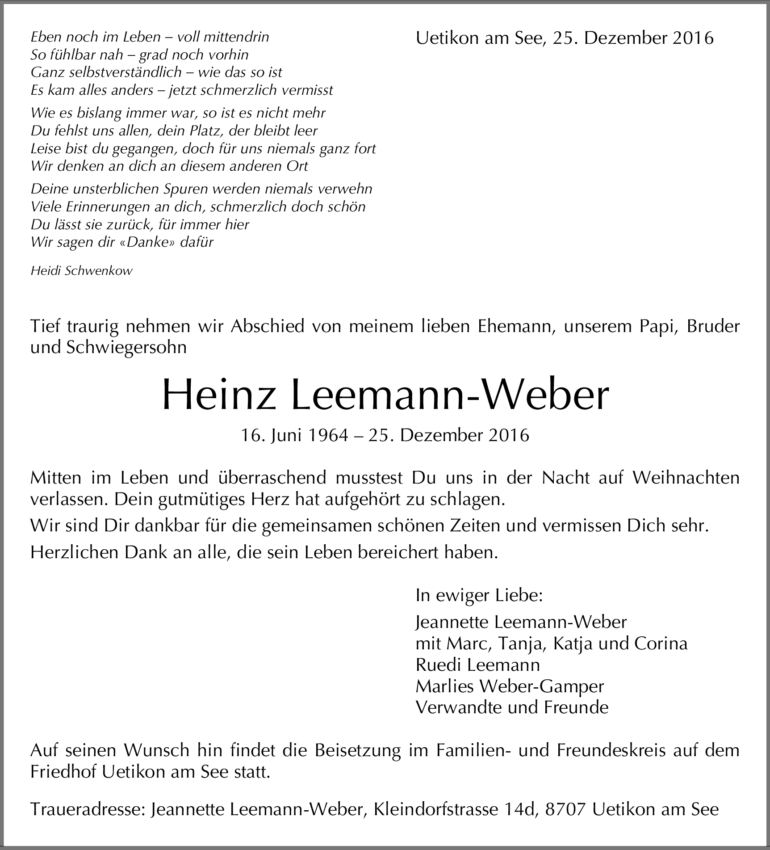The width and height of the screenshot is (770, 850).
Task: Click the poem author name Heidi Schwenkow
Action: (x=82, y=271)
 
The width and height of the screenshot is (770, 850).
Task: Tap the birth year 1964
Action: (x=328, y=435)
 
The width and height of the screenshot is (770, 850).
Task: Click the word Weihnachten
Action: (x=686, y=478)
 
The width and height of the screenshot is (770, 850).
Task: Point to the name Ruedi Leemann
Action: (x=477, y=665)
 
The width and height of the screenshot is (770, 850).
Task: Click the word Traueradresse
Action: (x=88, y=809)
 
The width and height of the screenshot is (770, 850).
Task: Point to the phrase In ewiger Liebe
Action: (x=479, y=595)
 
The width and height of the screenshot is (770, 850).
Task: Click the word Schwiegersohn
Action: (x=126, y=348)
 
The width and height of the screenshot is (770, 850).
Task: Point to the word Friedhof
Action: (x=58, y=772)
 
